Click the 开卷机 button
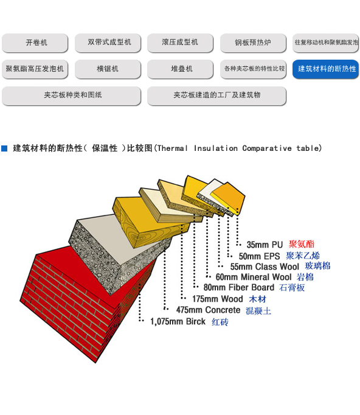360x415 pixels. tap(35, 43)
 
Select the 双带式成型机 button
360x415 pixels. tap(108, 43)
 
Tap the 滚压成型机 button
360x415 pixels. tap(180, 43)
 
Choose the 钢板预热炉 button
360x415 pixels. tap(253, 43)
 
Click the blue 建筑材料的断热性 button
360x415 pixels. tap(325, 69)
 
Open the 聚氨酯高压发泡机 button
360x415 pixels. tap(35, 69)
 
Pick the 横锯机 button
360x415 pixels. tap(108, 69)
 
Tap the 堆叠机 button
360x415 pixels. tap(180, 69)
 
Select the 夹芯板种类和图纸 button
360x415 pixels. tap(71, 96)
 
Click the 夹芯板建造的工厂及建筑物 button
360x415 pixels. tap(216, 96)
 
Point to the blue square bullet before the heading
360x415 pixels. tap(4, 148)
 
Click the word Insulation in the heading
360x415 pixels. tap(216, 148)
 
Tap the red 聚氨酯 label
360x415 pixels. tap(301, 244)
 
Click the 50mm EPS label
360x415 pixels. tap(259, 256)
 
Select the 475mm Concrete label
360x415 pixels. tap(208, 310)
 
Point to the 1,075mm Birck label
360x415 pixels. tap(178, 321)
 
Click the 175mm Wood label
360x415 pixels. tap(218, 299)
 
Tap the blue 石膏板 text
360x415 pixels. tap(292, 287)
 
